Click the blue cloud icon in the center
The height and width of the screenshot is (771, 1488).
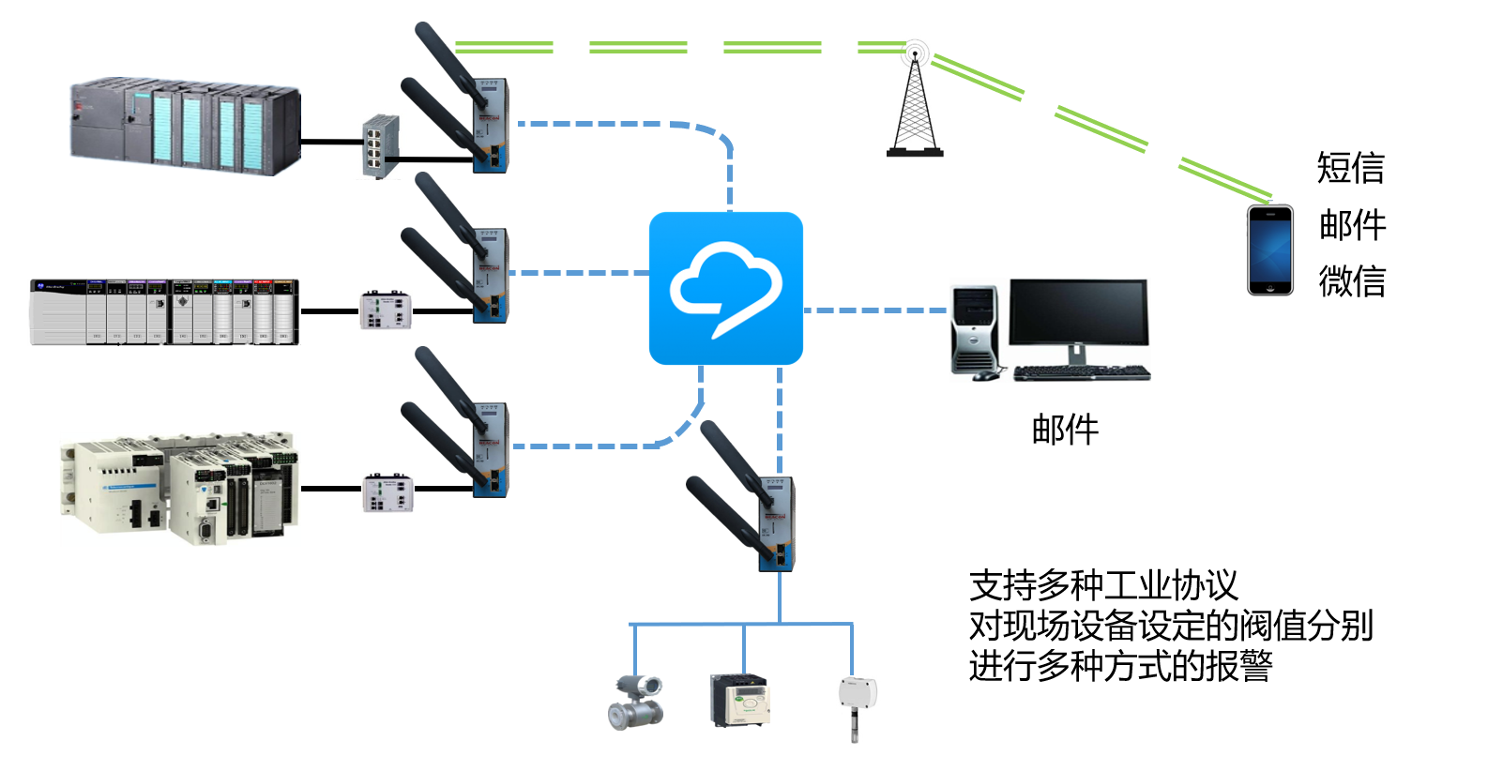click(x=725, y=288)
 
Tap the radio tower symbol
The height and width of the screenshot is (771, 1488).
click(x=915, y=103)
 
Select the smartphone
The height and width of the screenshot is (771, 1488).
click(x=1269, y=250)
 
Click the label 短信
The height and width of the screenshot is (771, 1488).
click(x=1350, y=168)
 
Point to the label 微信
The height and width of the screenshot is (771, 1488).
click(x=1352, y=281)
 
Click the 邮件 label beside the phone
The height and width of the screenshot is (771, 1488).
click(x=1352, y=225)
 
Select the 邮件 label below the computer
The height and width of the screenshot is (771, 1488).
click(x=1065, y=430)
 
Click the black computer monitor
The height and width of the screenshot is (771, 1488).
click(x=1078, y=314)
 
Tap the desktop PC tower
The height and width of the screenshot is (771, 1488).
click(x=975, y=330)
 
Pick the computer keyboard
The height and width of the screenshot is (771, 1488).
click(x=1081, y=372)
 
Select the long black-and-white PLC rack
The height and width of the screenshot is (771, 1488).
click(x=165, y=311)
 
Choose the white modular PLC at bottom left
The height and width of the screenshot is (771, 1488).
click(x=179, y=488)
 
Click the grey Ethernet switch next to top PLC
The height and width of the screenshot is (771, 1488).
click(x=380, y=145)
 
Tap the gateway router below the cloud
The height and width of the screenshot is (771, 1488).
click(x=776, y=523)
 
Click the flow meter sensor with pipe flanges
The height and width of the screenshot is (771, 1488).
click(x=637, y=702)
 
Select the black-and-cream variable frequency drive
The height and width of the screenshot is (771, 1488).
click(x=739, y=701)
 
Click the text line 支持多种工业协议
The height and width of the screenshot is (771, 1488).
click(x=1103, y=585)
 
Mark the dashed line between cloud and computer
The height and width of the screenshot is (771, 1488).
click(x=874, y=310)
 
